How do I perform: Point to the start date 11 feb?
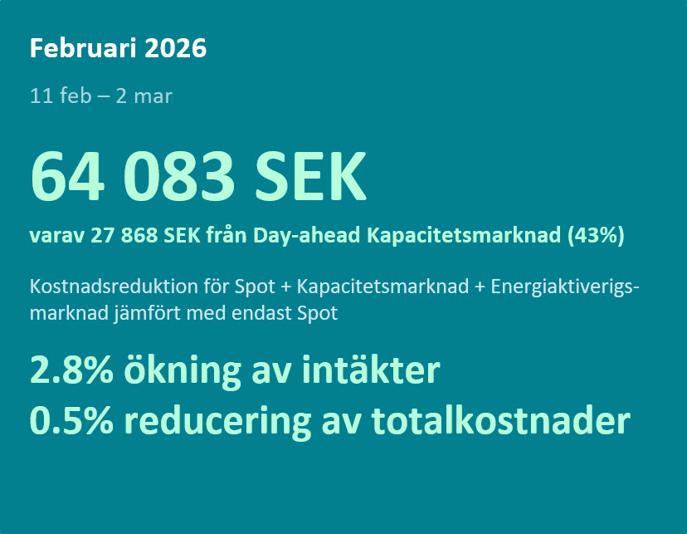click(61, 96)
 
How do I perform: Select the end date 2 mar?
click(144, 96)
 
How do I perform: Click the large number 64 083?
click(132, 176)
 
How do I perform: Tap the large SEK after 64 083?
click(310, 176)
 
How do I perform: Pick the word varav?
click(56, 235)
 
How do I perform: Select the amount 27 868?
click(124, 235)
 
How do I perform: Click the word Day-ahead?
click(307, 235)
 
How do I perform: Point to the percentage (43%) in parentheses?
click(596, 235)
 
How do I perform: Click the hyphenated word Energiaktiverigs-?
click(565, 287)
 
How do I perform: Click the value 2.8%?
click(72, 370)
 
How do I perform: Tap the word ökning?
click(183, 372)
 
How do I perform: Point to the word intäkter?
click(371, 370)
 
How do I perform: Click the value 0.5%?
click(72, 420)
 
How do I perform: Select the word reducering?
click(217, 421)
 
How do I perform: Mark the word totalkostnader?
click(501, 420)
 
